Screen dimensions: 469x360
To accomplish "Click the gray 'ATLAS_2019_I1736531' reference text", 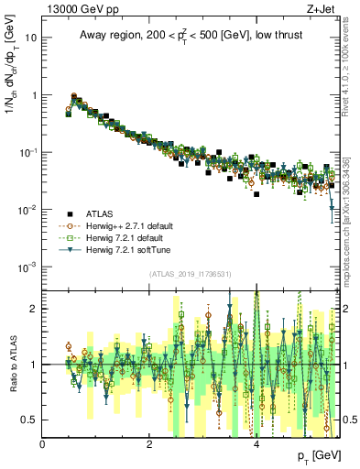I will point(191,274).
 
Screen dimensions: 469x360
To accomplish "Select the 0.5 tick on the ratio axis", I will point(30,420).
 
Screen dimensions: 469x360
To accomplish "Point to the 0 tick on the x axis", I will point(43,444).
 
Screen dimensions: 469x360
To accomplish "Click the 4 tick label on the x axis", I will point(256,444).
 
